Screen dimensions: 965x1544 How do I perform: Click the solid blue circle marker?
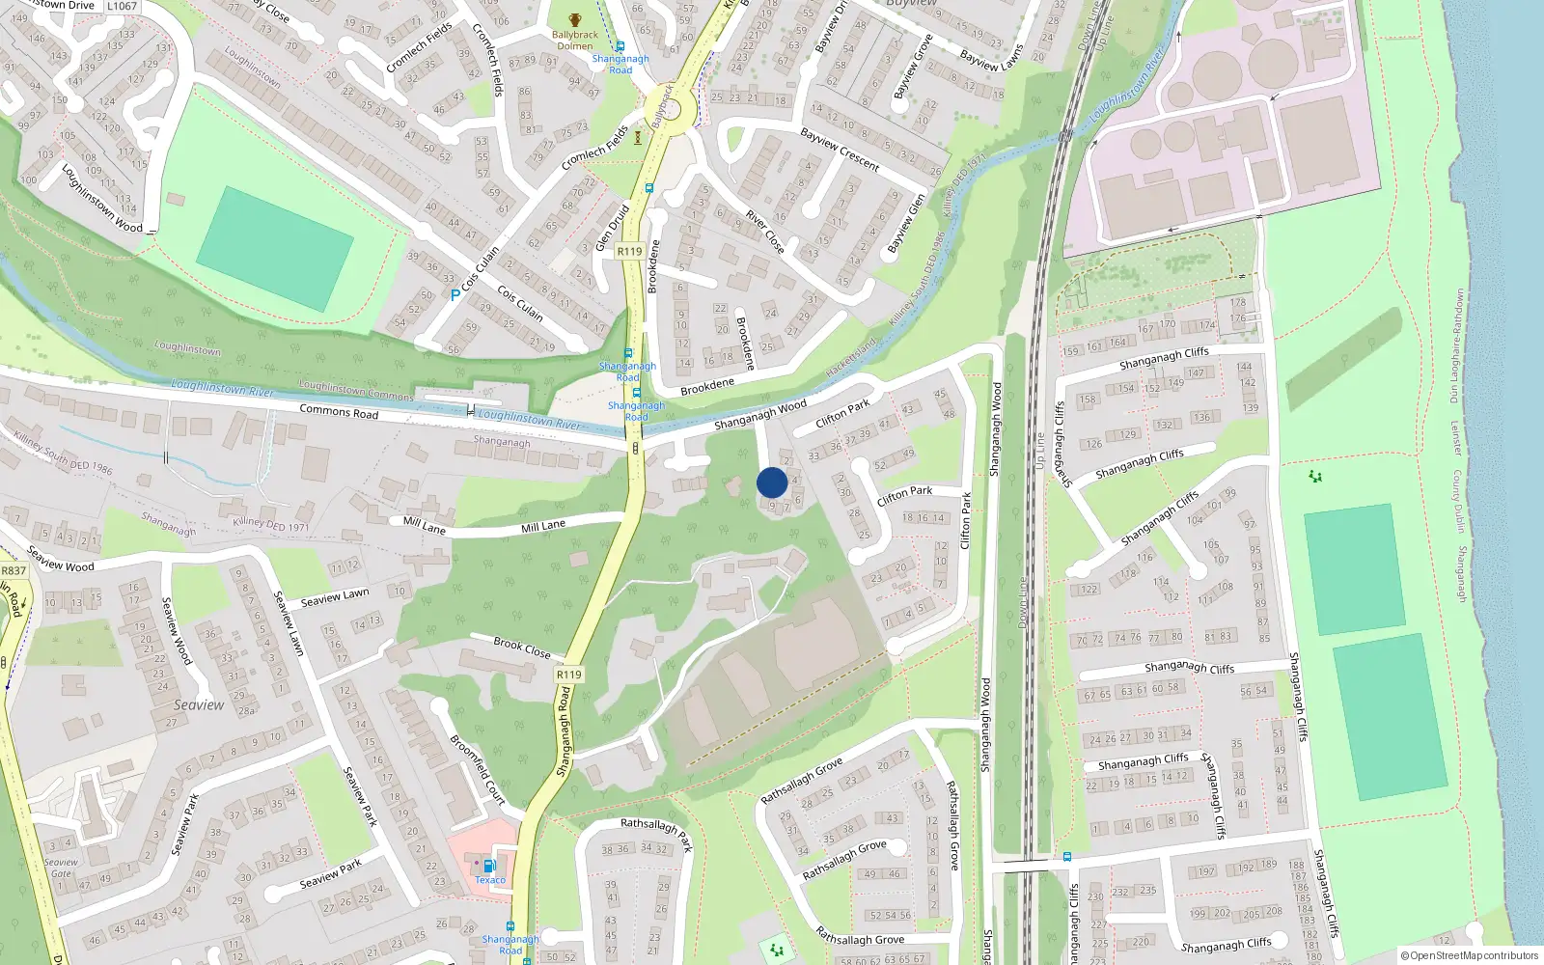click(772, 482)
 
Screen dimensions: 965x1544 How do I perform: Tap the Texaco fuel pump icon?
click(489, 866)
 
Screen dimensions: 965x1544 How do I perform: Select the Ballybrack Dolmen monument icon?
click(575, 19)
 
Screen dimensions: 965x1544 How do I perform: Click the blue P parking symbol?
click(455, 295)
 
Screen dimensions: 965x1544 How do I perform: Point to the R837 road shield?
click(14, 570)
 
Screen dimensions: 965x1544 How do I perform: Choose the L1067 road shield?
click(122, 6)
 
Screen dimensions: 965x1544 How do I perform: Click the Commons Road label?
click(339, 411)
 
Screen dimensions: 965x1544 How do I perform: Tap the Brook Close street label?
click(522, 648)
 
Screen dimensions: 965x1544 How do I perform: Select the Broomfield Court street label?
click(478, 769)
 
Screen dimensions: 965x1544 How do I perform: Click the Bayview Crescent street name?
click(840, 150)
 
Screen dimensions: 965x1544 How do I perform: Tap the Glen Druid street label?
click(612, 228)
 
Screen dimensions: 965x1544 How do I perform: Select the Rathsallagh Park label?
click(657, 833)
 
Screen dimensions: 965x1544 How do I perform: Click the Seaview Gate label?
click(61, 868)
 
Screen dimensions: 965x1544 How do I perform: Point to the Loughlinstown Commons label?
click(356, 390)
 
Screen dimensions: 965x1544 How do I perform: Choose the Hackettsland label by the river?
click(851, 357)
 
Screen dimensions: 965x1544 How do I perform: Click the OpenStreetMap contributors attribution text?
click(1470, 956)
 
